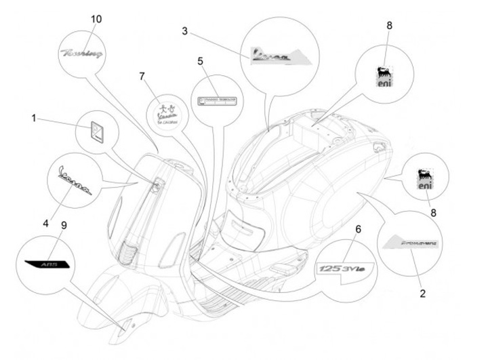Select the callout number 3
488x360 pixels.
coord(186,31)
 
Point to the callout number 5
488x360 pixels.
coord(201,62)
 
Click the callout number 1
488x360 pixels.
coord(33,119)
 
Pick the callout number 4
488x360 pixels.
coord(46,222)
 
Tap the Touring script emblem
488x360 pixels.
coord(81,52)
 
